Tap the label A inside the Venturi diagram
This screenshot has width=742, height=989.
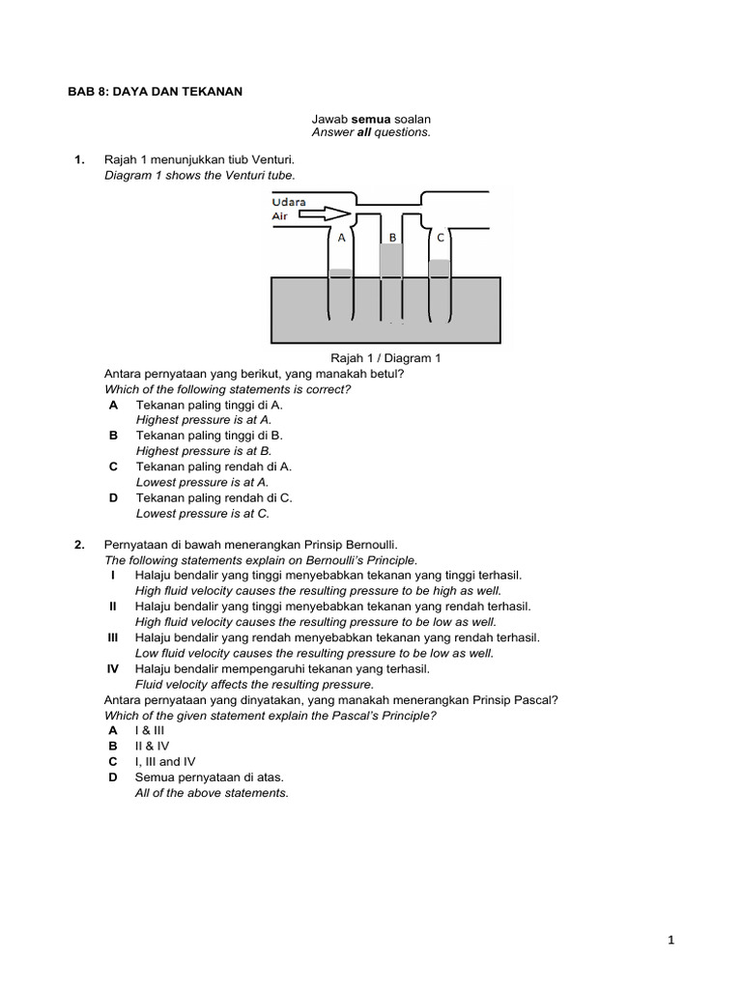coord(341,238)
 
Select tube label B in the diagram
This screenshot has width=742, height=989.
coord(392,238)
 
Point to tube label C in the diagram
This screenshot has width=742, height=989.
coord(441,238)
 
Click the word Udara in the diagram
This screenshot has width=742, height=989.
coord(289,201)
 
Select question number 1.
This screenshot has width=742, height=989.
coord(80,159)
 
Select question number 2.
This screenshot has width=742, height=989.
coord(80,545)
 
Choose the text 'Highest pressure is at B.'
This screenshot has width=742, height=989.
coord(204,451)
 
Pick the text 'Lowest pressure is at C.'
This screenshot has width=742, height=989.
coord(203,514)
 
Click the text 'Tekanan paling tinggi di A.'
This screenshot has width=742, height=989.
coord(209,405)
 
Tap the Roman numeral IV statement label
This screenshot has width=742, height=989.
coord(113,668)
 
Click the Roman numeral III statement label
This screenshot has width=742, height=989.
coord(113,637)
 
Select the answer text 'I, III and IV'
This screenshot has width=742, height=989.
coord(165,761)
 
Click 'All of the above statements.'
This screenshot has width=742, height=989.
coord(212,793)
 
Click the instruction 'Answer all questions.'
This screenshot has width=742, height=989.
coord(371,132)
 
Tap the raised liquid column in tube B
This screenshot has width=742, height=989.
coord(391,260)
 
